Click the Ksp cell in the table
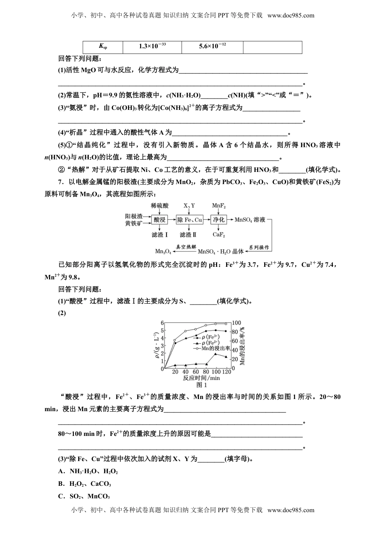(x=103, y=47)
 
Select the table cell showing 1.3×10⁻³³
(x=152, y=47)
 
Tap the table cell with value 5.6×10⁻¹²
(x=212, y=47)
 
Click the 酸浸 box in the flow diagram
(x=160, y=220)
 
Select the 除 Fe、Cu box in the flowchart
(x=189, y=220)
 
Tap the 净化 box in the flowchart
(x=219, y=220)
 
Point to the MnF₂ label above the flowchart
(x=219, y=206)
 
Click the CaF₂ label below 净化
(x=219, y=235)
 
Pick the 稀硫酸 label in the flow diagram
(x=159, y=206)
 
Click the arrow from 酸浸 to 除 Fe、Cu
(x=171, y=220)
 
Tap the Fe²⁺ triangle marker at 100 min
(x=216, y=354)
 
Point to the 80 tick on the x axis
(x=206, y=372)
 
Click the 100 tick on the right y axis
(x=236, y=323)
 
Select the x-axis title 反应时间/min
(x=201, y=378)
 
